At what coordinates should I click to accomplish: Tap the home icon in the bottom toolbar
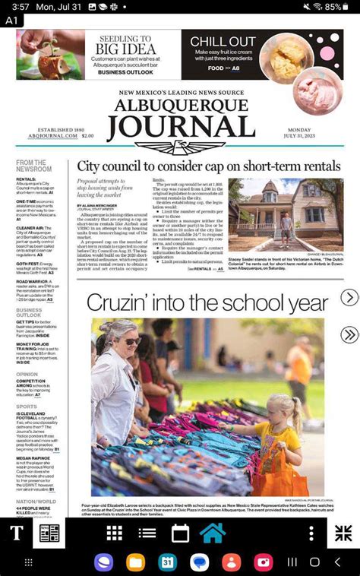click(x=213, y=533)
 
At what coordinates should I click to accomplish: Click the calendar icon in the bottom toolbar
click(x=180, y=533)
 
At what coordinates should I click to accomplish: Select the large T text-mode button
click(x=16, y=533)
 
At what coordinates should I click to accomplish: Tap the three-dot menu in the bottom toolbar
click(x=311, y=533)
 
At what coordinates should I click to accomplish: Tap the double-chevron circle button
click(x=349, y=334)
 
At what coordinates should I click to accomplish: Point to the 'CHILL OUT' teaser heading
click(x=223, y=42)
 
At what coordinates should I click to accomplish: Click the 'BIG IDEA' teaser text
click(x=125, y=49)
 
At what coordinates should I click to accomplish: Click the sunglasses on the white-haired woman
click(x=131, y=341)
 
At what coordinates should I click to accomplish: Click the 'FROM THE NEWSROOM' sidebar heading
click(x=34, y=166)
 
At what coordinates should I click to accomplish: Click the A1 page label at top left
click(x=11, y=21)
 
